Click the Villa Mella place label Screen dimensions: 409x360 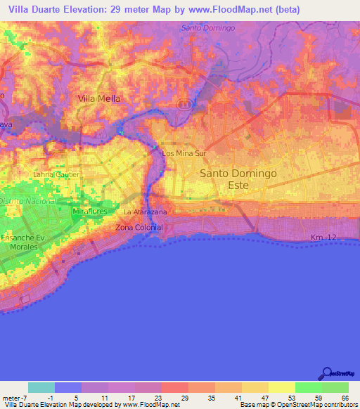point(98,99)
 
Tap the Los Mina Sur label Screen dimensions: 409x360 point(184,152)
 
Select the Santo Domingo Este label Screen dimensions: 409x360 point(229,178)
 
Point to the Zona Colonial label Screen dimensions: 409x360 point(139,228)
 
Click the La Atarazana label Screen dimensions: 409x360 point(145,212)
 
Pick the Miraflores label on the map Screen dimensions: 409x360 point(89,211)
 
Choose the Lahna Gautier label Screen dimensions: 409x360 point(57,174)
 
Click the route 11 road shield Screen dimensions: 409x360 point(184,104)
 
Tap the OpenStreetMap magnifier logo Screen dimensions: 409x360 point(326,374)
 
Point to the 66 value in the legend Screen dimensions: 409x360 point(345,398)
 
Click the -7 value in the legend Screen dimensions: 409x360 point(22,398)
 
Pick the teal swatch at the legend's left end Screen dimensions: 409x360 point(41,387)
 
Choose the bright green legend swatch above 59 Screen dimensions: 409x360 point(308,387)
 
